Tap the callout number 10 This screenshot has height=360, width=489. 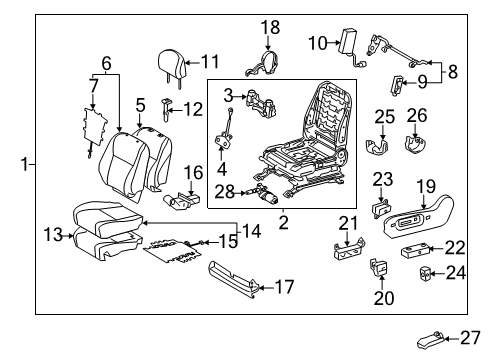tap(317, 43)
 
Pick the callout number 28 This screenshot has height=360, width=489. tap(225, 191)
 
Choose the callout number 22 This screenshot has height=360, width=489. tap(455, 247)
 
